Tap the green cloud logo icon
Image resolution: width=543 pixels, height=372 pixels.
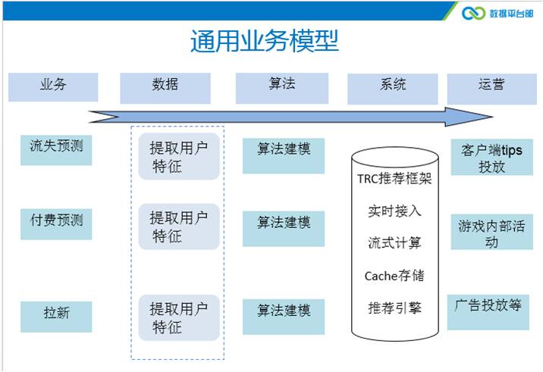(474, 13)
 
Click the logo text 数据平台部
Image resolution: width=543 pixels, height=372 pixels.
(511, 13)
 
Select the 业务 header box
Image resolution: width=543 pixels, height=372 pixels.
(53, 86)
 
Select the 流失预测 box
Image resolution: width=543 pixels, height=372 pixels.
(56, 148)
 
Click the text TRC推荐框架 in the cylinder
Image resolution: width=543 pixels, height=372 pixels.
(394, 180)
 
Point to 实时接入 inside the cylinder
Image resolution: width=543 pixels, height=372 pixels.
(394, 211)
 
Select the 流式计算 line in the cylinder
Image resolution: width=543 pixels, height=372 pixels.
(394, 243)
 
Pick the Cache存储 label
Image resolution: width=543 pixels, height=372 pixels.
(394, 275)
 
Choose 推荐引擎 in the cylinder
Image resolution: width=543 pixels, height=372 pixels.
(394, 308)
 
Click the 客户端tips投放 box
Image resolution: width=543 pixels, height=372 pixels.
(491, 158)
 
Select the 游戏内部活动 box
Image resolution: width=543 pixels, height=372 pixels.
(491, 233)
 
